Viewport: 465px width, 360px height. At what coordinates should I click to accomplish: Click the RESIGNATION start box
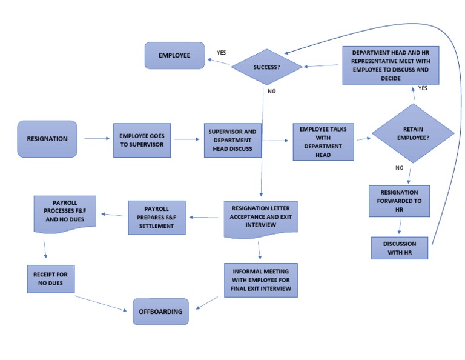click(x=47, y=139)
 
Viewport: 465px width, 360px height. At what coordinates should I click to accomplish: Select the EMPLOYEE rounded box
click(x=174, y=55)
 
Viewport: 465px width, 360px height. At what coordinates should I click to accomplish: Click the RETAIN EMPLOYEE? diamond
click(x=412, y=133)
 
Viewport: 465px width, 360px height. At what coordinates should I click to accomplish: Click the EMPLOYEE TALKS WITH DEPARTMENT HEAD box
click(x=323, y=142)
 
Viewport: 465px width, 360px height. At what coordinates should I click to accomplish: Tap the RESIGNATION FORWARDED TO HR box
click(x=399, y=202)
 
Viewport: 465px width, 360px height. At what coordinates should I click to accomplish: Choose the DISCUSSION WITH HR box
click(x=399, y=248)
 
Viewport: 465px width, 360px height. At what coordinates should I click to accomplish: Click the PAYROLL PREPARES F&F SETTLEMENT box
click(x=156, y=218)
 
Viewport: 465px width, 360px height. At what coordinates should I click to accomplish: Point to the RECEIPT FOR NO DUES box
click(x=50, y=278)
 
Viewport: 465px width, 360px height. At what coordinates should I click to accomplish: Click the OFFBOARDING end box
click(x=160, y=312)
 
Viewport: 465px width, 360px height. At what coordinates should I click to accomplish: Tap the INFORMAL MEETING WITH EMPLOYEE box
click(x=261, y=279)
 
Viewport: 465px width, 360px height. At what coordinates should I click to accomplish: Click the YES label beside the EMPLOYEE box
click(x=222, y=53)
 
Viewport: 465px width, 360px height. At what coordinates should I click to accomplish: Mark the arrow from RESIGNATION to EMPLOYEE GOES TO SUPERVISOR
click(x=96, y=139)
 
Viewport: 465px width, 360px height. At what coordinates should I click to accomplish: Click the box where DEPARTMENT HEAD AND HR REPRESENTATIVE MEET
click(x=390, y=65)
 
